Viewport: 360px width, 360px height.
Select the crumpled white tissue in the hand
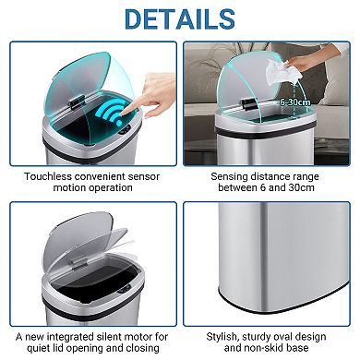[282, 68]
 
